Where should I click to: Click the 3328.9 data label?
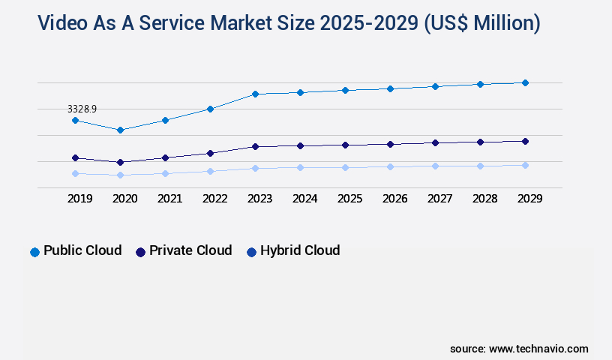coord(82,109)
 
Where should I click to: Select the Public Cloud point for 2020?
coord(120,130)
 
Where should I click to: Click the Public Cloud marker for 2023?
coord(255,94)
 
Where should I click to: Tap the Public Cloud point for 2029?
coord(525,82)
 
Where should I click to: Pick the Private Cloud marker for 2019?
coord(75,157)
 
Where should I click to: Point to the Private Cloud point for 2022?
coord(210,153)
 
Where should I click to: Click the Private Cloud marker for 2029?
coord(525,141)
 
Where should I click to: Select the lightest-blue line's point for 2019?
coord(75,173)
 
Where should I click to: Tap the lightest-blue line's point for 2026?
coord(390,166)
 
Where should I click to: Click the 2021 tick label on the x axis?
coord(169,199)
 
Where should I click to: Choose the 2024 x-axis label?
coord(304,199)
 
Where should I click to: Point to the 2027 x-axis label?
coord(439,199)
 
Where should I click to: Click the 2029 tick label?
coord(529,199)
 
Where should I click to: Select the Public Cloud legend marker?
coord(34,252)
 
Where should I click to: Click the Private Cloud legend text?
coord(190,250)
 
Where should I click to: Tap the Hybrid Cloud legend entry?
coord(299,250)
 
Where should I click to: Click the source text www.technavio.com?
coord(538,349)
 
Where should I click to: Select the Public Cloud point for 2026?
coord(390,88)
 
